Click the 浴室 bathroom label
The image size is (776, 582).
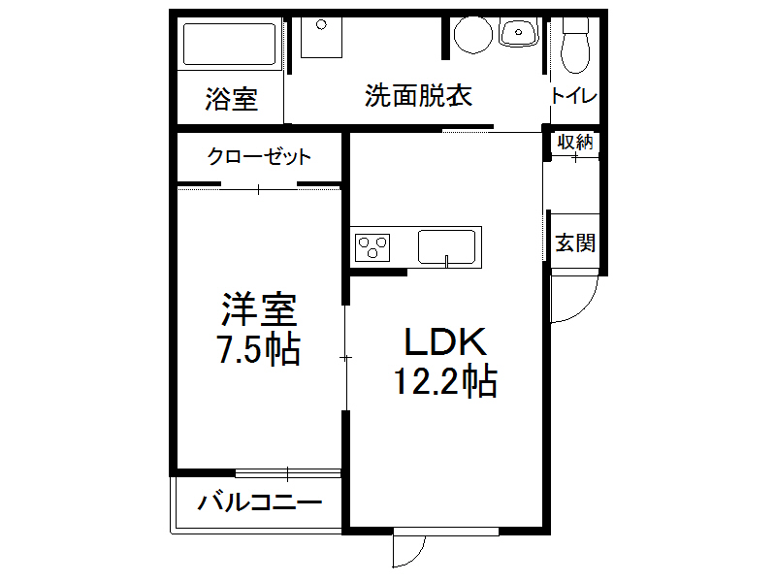click(x=231, y=99)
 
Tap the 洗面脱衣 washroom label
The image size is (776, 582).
click(x=418, y=96)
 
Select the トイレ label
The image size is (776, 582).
click(x=573, y=96)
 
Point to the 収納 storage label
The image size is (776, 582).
click(x=574, y=142)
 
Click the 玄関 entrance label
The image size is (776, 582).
click(x=574, y=242)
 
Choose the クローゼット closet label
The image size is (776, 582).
click(x=260, y=156)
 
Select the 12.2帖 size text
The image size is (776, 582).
click(x=445, y=382)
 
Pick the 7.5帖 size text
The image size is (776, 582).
click(x=258, y=349)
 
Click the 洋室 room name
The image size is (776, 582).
click(x=258, y=310)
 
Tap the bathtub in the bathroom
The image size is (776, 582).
click(x=231, y=44)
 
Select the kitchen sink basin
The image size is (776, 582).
click(x=447, y=246)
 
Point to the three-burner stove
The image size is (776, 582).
click(x=373, y=247)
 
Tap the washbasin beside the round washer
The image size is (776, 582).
click(x=519, y=34)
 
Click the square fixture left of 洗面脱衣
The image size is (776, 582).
click(x=319, y=38)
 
